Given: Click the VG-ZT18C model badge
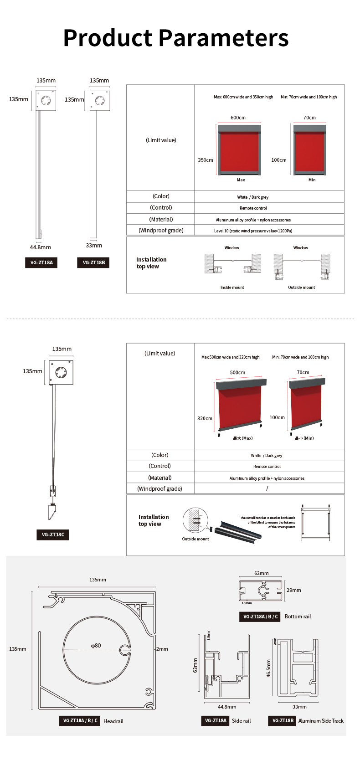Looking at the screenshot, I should tap(52, 534).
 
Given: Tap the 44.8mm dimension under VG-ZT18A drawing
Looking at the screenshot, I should tap(41, 247).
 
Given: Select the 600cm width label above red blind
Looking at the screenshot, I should tap(238, 118).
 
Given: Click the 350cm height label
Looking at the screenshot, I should tap(206, 160).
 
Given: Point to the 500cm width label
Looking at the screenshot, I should tap(237, 372).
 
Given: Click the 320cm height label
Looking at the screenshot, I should tap(205, 418).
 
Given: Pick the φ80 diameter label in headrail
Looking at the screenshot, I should tap(96, 646).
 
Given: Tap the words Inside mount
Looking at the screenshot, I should tap(232, 288).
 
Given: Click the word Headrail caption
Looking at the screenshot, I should tap(113, 721).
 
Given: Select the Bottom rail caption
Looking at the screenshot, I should tap(298, 617).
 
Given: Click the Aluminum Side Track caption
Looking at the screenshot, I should tap(321, 720).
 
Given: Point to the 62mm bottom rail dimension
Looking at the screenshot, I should tap(262, 573).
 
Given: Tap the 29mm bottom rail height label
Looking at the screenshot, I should tap(294, 590).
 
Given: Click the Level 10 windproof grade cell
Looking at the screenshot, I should tap(253, 231).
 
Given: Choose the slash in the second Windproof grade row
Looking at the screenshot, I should tap(267, 488).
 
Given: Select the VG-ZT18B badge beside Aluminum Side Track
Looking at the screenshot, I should tap(283, 720).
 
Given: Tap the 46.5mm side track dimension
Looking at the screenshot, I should tap(268, 668).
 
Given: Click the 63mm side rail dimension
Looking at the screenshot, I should tap(195, 665).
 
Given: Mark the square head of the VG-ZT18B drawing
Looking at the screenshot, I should tap(100, 101).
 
